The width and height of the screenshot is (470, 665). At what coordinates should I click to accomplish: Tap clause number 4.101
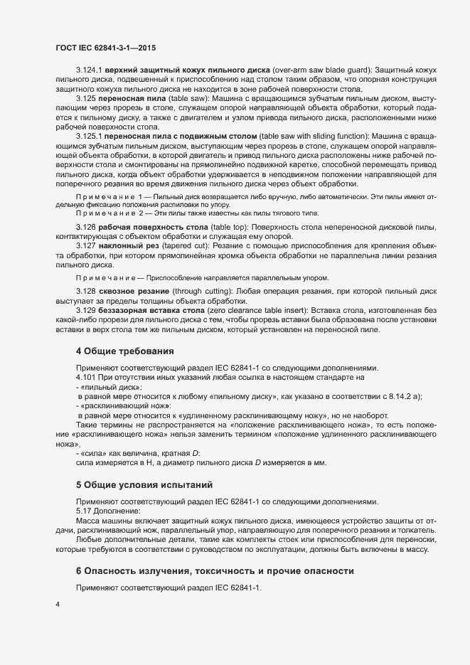[x=86, y=378]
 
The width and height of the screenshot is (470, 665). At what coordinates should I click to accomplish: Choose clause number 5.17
[x=84, y=511]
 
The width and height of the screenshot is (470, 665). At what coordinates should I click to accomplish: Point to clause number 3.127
[x=86, y=245]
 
